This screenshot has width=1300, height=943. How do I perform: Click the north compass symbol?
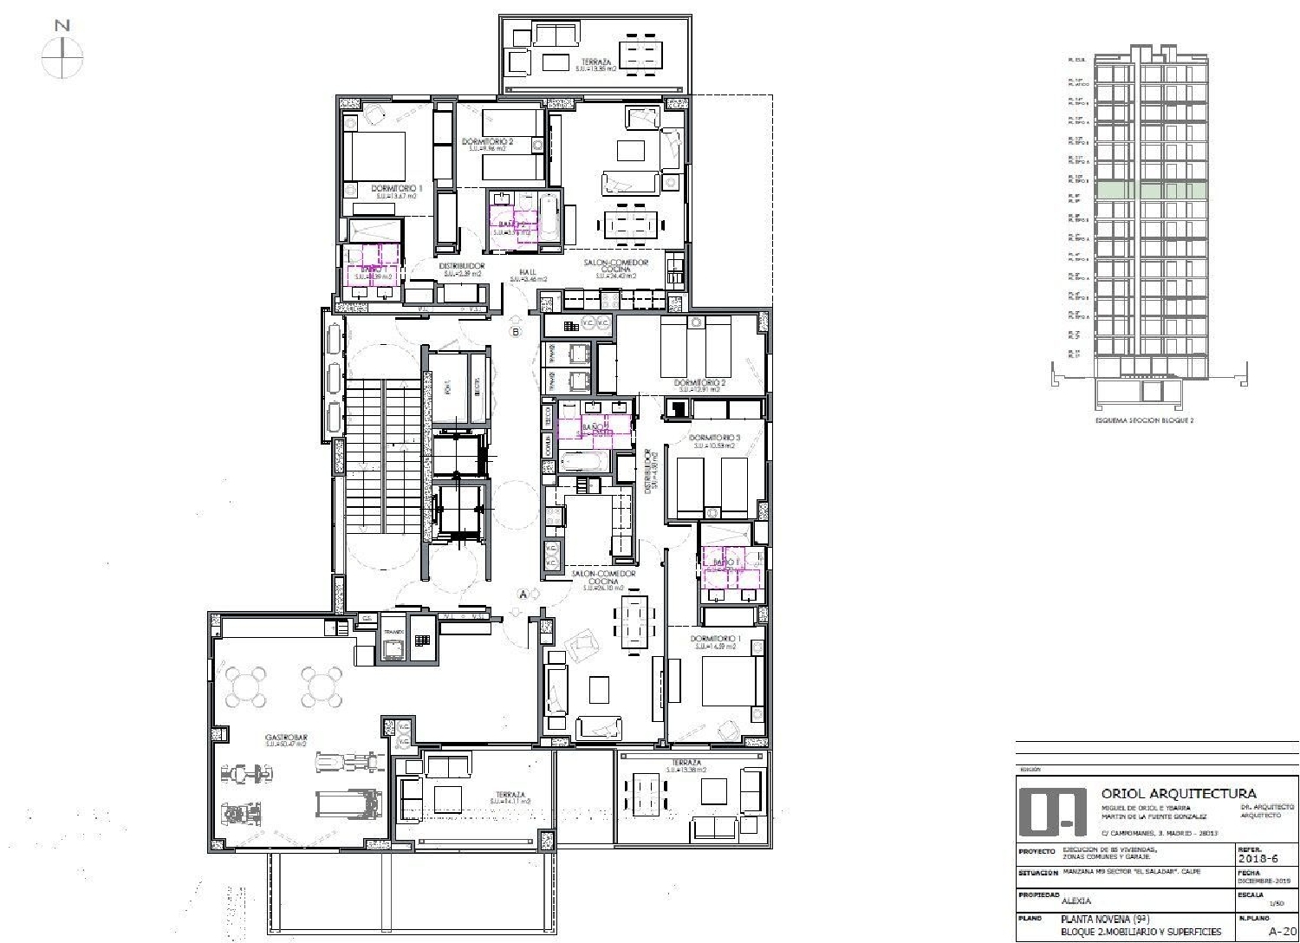pos(62,58)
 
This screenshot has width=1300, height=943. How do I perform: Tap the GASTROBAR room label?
pos(286,738)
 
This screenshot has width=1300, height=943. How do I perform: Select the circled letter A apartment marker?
pos(523,594)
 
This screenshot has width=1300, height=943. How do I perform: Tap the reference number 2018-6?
pos(1259,859)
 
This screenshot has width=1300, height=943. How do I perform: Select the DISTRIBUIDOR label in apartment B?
pos(461,266)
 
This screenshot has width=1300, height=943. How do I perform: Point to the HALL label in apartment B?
pos(529,272)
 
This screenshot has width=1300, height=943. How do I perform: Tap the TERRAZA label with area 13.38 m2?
pos(684,763)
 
